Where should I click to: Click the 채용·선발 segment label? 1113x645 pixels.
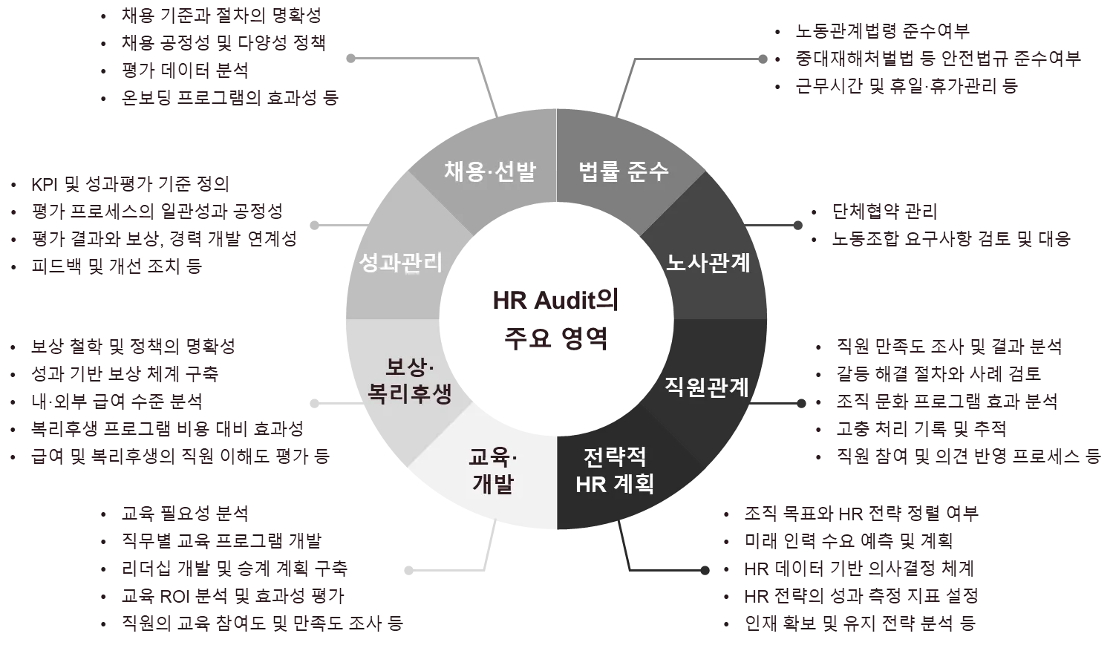point(490,171)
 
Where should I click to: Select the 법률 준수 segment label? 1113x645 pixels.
point(624,171)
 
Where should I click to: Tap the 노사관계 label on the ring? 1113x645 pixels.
point(708,263)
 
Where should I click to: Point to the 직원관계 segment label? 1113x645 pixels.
point(706,387)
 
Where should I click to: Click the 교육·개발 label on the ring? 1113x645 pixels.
point(494,470)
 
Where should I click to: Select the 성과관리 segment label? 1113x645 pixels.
point(400,262)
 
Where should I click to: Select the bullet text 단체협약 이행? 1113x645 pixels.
point(884,212)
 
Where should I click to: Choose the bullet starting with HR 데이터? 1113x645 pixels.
point(858,569)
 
